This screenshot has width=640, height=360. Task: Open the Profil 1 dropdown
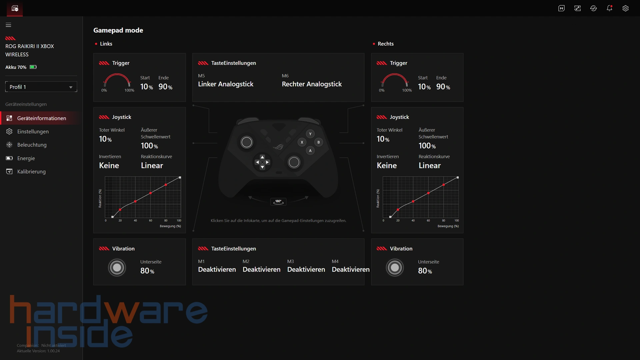[x=41, y=87]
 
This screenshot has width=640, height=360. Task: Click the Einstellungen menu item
[x=33, y=132]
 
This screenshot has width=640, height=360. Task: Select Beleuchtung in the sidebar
[x=32, y=145]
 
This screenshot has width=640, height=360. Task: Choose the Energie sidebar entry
[x=26, y=158]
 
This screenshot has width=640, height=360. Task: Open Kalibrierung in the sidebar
[x=31, y=172]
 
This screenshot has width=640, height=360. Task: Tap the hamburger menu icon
[x=9, y=25]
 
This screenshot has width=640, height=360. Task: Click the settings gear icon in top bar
[x=625, y=8]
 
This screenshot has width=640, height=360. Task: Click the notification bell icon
[x=609, y=8]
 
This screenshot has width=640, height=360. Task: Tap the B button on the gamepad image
[x=319, y=142]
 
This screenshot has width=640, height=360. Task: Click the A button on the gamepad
[x=310, y=151]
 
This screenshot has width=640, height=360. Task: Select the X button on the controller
[x=302, y=142]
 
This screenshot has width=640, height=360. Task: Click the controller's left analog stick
[x=247, y=142]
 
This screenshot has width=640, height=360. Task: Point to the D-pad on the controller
[x=262, y=162]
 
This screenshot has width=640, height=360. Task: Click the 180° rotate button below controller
[x=278, y=202]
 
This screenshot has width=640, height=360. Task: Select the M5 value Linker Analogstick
[x=226, y=84]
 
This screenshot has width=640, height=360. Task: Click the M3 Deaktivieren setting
[x=306, y=270]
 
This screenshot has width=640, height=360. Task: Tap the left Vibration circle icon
[x=117, y=268]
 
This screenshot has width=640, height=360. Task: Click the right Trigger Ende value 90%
[x=443, y=87]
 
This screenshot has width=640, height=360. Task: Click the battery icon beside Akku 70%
[x=33, y=67]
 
